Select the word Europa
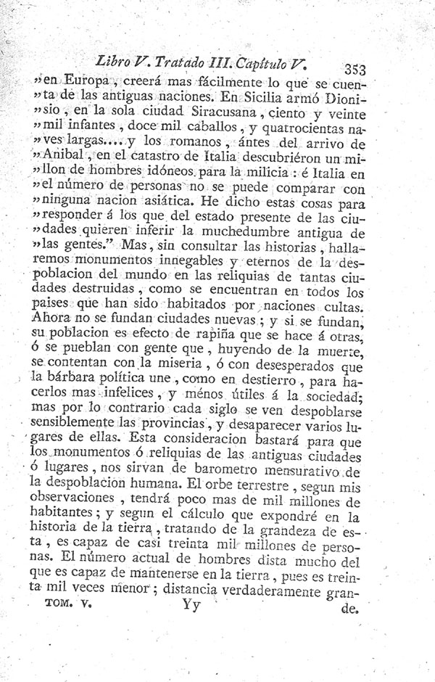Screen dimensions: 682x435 tap(88, 80)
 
